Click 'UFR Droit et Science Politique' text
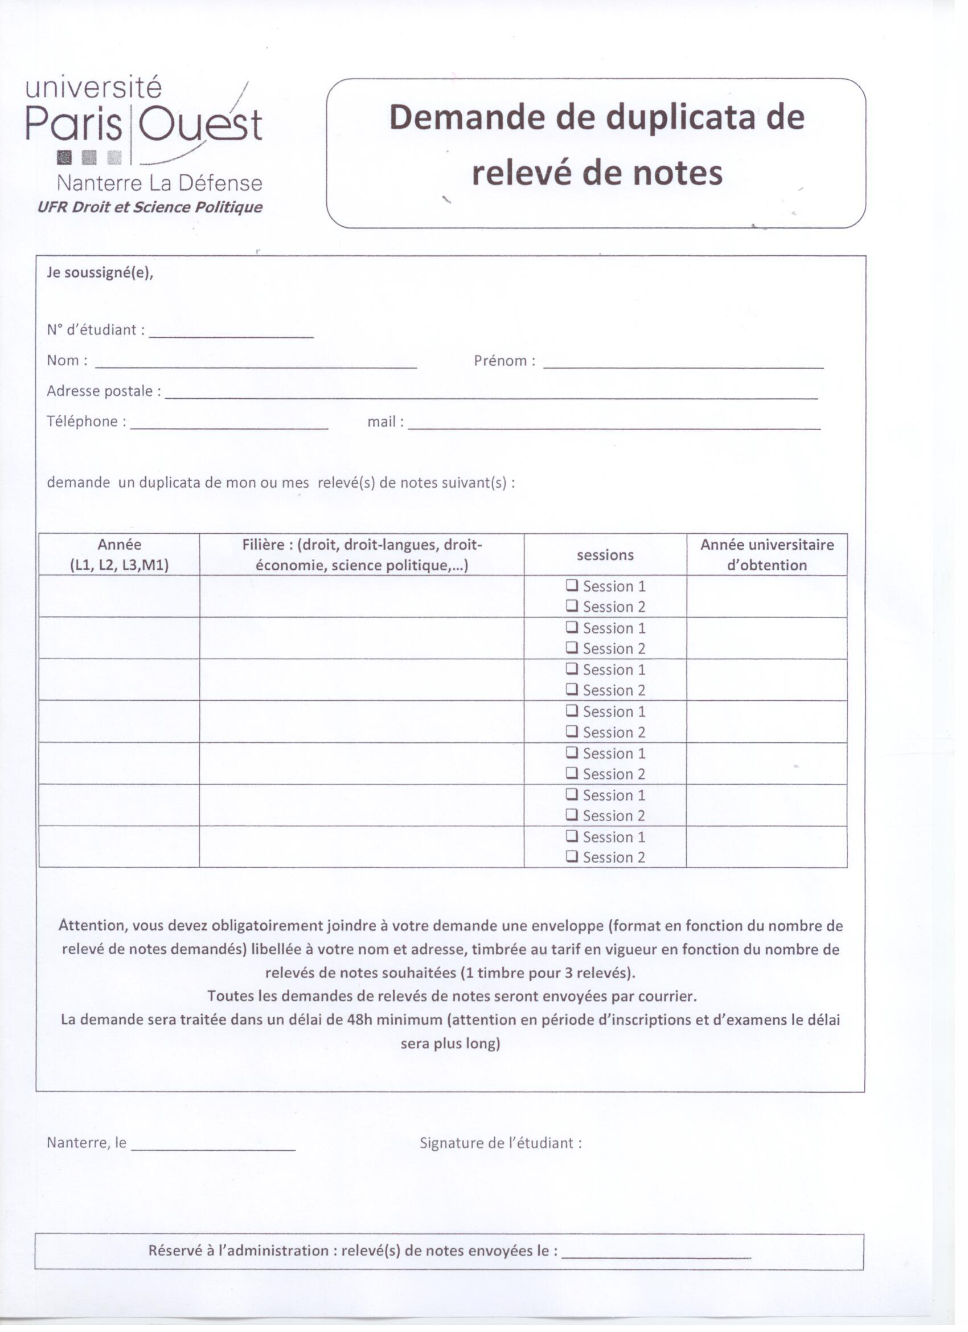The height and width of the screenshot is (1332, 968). point(150,207)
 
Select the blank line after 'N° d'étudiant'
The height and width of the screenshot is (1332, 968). point(231,332)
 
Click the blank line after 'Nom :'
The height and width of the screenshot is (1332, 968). point(256,363)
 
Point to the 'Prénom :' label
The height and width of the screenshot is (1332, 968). point(504,361)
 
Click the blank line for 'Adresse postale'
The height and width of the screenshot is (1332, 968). point(491,394)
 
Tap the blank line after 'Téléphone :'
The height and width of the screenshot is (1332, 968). point(229,424)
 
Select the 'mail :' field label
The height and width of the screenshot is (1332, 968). point(385,422)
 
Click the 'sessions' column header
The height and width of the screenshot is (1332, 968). point(605,555)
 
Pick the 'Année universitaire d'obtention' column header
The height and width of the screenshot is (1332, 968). point(766,555)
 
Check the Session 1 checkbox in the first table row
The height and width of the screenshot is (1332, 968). point(572,586)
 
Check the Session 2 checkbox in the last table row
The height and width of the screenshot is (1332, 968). point(572,857)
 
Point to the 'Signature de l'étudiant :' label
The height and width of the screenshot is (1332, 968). point(501,1143)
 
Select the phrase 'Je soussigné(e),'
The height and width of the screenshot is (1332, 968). point(100,273)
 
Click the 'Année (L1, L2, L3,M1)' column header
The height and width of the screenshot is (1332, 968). point(119,555)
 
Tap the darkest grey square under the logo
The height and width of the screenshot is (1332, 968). point(64,157)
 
